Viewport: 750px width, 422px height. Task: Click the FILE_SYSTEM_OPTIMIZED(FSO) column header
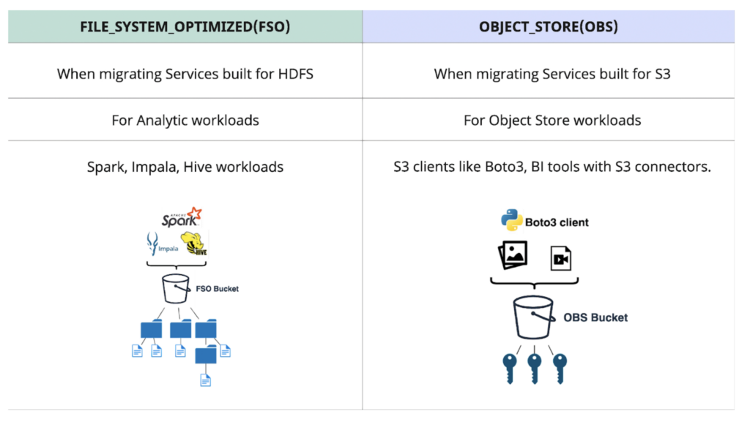(x=185, y=26)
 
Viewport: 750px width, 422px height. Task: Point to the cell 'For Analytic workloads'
(x=185, y=120)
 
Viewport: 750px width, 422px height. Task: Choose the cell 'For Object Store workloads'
(x=552, y=120)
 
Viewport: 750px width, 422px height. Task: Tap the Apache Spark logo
(x=181, y=217)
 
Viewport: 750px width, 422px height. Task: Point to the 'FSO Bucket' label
(x=216, y=289)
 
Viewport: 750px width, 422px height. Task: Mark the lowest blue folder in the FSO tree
(x=206, y=355)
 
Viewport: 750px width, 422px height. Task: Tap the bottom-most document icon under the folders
(x=206, y=380)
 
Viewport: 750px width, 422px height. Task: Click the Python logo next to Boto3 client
(x=511, y=220)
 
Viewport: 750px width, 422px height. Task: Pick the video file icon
(x=560, y=258)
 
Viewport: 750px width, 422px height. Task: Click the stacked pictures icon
(x=513, y=256)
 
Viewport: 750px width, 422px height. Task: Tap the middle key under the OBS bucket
(x=534, y=366)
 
